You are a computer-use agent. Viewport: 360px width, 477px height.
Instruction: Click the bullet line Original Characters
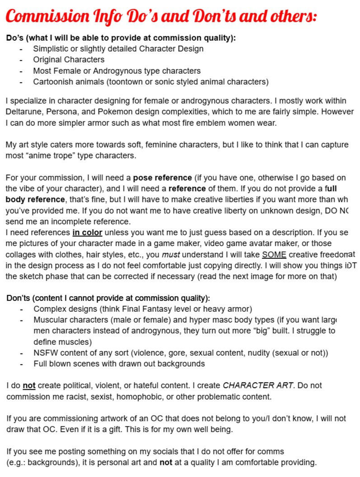69,60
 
